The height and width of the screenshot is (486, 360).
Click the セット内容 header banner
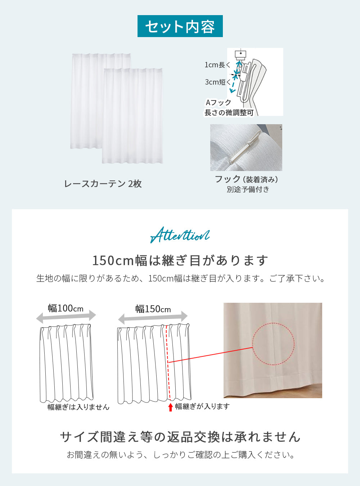click(x=180, y=26)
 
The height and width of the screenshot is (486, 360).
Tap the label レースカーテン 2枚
click(x=103, y=184)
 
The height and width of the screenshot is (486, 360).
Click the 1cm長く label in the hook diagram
click(x=217, y=65)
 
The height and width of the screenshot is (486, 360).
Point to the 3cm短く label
click(x=217, y=82)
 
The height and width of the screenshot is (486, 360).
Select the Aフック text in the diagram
click(x=219, y=102)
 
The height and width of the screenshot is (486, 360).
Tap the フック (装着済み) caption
click(x=246, y=179)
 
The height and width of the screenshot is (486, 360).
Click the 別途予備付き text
click(x=248, y=189)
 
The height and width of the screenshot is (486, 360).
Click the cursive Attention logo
click(x=180, y=235)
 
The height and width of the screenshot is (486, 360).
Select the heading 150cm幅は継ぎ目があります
click(x=180, y=261)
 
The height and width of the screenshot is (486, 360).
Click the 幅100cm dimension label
click(x=66, y=308)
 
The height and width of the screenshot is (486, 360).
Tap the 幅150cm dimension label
click(x=153, y=309)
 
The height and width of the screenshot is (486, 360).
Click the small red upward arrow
click(x=171, y=407)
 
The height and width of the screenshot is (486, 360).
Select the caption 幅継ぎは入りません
click(x=78, y=407)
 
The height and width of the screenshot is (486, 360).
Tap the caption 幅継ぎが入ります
click(x=202, y=406)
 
